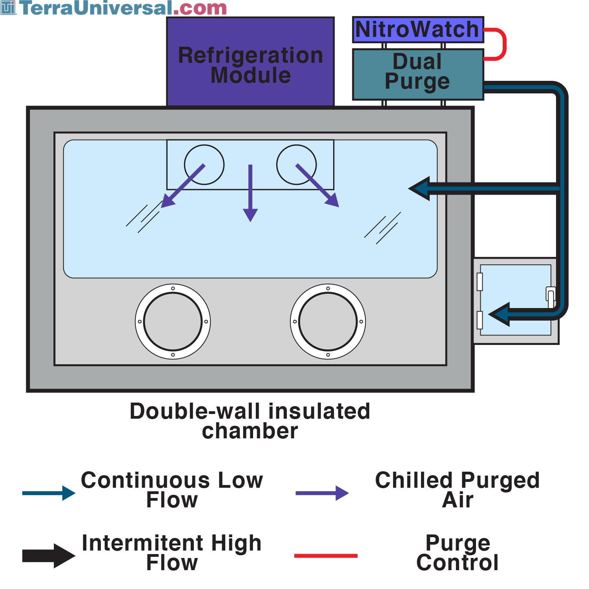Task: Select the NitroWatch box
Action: pyautogui.click(x=418, y=29)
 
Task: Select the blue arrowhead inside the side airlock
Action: pyautogui.click(x=501, y=314)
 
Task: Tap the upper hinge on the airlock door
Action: pyautogui.click(x=480, y=282)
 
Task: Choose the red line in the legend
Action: pyautogui.click(x=326, y=555)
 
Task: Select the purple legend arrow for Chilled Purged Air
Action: pyautogui.click(x=322, y=493)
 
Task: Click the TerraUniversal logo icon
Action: pyautogui.click(x=8, y=7)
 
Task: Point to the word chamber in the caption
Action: pyautogui.click(x=250, y=431)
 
